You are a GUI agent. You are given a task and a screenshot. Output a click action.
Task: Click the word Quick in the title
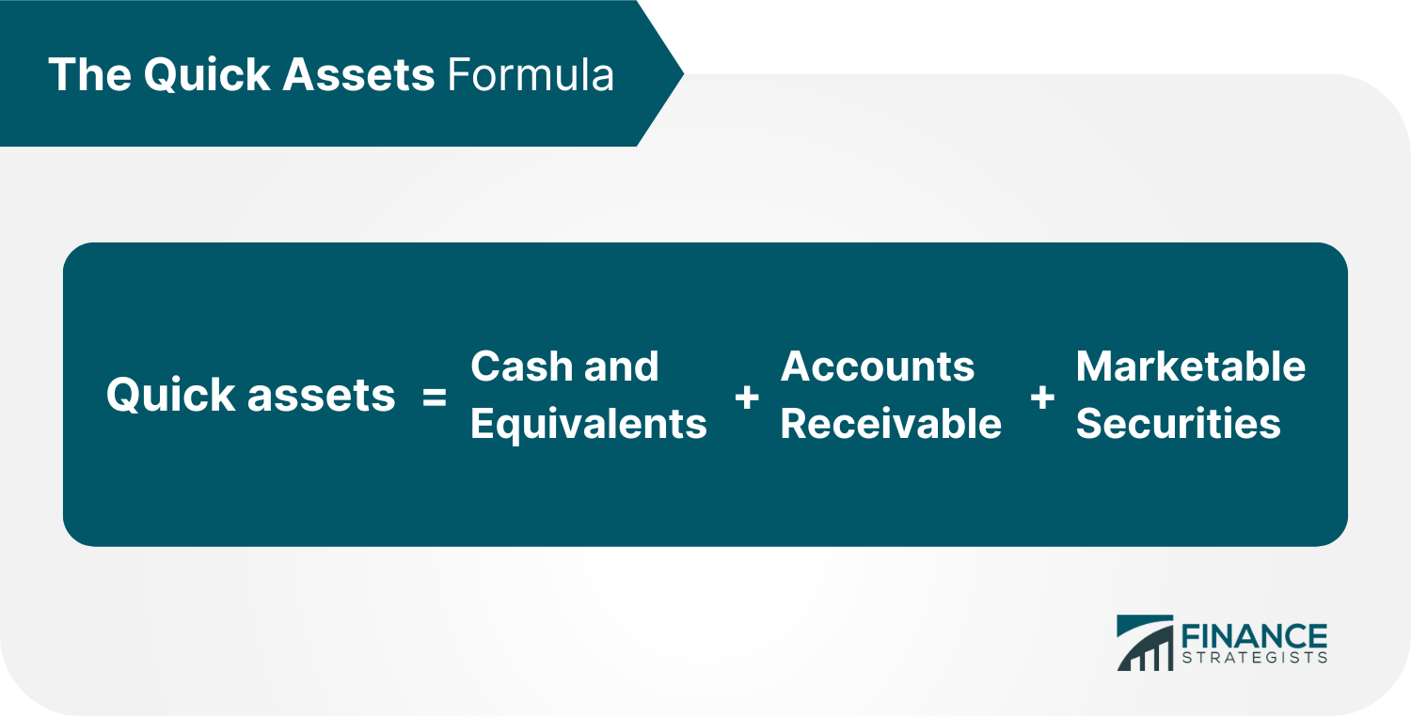tap(207, 75)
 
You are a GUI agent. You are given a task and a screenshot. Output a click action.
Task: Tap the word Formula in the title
tap(531, 75)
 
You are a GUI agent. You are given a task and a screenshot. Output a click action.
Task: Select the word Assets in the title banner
tap(358, 75)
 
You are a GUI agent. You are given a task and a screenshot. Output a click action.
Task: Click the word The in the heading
tap(89, 75)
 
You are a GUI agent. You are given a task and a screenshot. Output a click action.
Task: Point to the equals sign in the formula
tap(434, 398)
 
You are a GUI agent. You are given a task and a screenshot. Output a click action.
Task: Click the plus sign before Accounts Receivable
tap(747, 398)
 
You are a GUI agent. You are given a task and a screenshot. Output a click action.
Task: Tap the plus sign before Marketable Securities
tap(1042, 398)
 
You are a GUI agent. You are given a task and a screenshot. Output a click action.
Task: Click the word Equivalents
tap(588, 424)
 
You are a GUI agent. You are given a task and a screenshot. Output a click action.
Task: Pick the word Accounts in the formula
tap(878, 367)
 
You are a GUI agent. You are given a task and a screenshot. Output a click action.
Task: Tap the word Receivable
tap(891, 423)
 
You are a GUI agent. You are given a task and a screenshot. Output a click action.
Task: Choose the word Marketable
tap(1191, 367)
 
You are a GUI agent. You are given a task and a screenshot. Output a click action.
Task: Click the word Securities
tap(1178, 423)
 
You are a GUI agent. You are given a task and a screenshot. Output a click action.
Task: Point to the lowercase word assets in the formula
tap(322, 396)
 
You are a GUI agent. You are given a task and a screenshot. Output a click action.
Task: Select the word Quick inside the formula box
tap(170, 396)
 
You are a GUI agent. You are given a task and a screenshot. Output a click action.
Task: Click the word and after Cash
tap(621, 367)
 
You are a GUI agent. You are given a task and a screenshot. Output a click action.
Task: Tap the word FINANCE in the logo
tap(1254, 636)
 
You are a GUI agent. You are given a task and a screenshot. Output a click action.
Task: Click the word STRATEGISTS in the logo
tap(1254, 658)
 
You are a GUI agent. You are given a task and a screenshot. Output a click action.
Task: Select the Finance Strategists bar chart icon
tap(1145, 643)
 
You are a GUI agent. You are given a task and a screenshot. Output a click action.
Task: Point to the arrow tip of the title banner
tap(684, 73)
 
